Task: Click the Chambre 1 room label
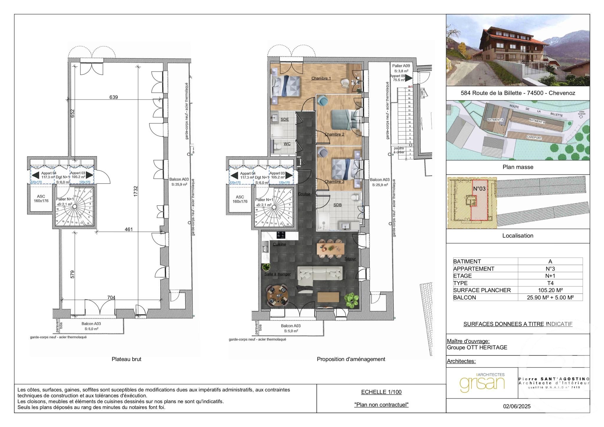(321, 78)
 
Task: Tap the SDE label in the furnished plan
(284, 119)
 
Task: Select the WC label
(287, 144)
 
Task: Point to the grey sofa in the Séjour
(320, 274)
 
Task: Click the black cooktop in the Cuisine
(280, 235)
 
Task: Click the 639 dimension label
(114, 97)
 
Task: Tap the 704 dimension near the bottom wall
(111, 297)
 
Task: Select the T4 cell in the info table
(550, 283)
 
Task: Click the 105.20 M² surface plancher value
(550, 290)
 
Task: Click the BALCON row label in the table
(465, 297)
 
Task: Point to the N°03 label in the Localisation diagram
(479, 189)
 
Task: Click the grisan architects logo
(482, 383)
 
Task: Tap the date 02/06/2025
(517, 406)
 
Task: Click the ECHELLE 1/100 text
(381, 392)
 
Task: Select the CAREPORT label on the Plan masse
(534, 138)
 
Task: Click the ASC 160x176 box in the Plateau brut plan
(41, 199)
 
